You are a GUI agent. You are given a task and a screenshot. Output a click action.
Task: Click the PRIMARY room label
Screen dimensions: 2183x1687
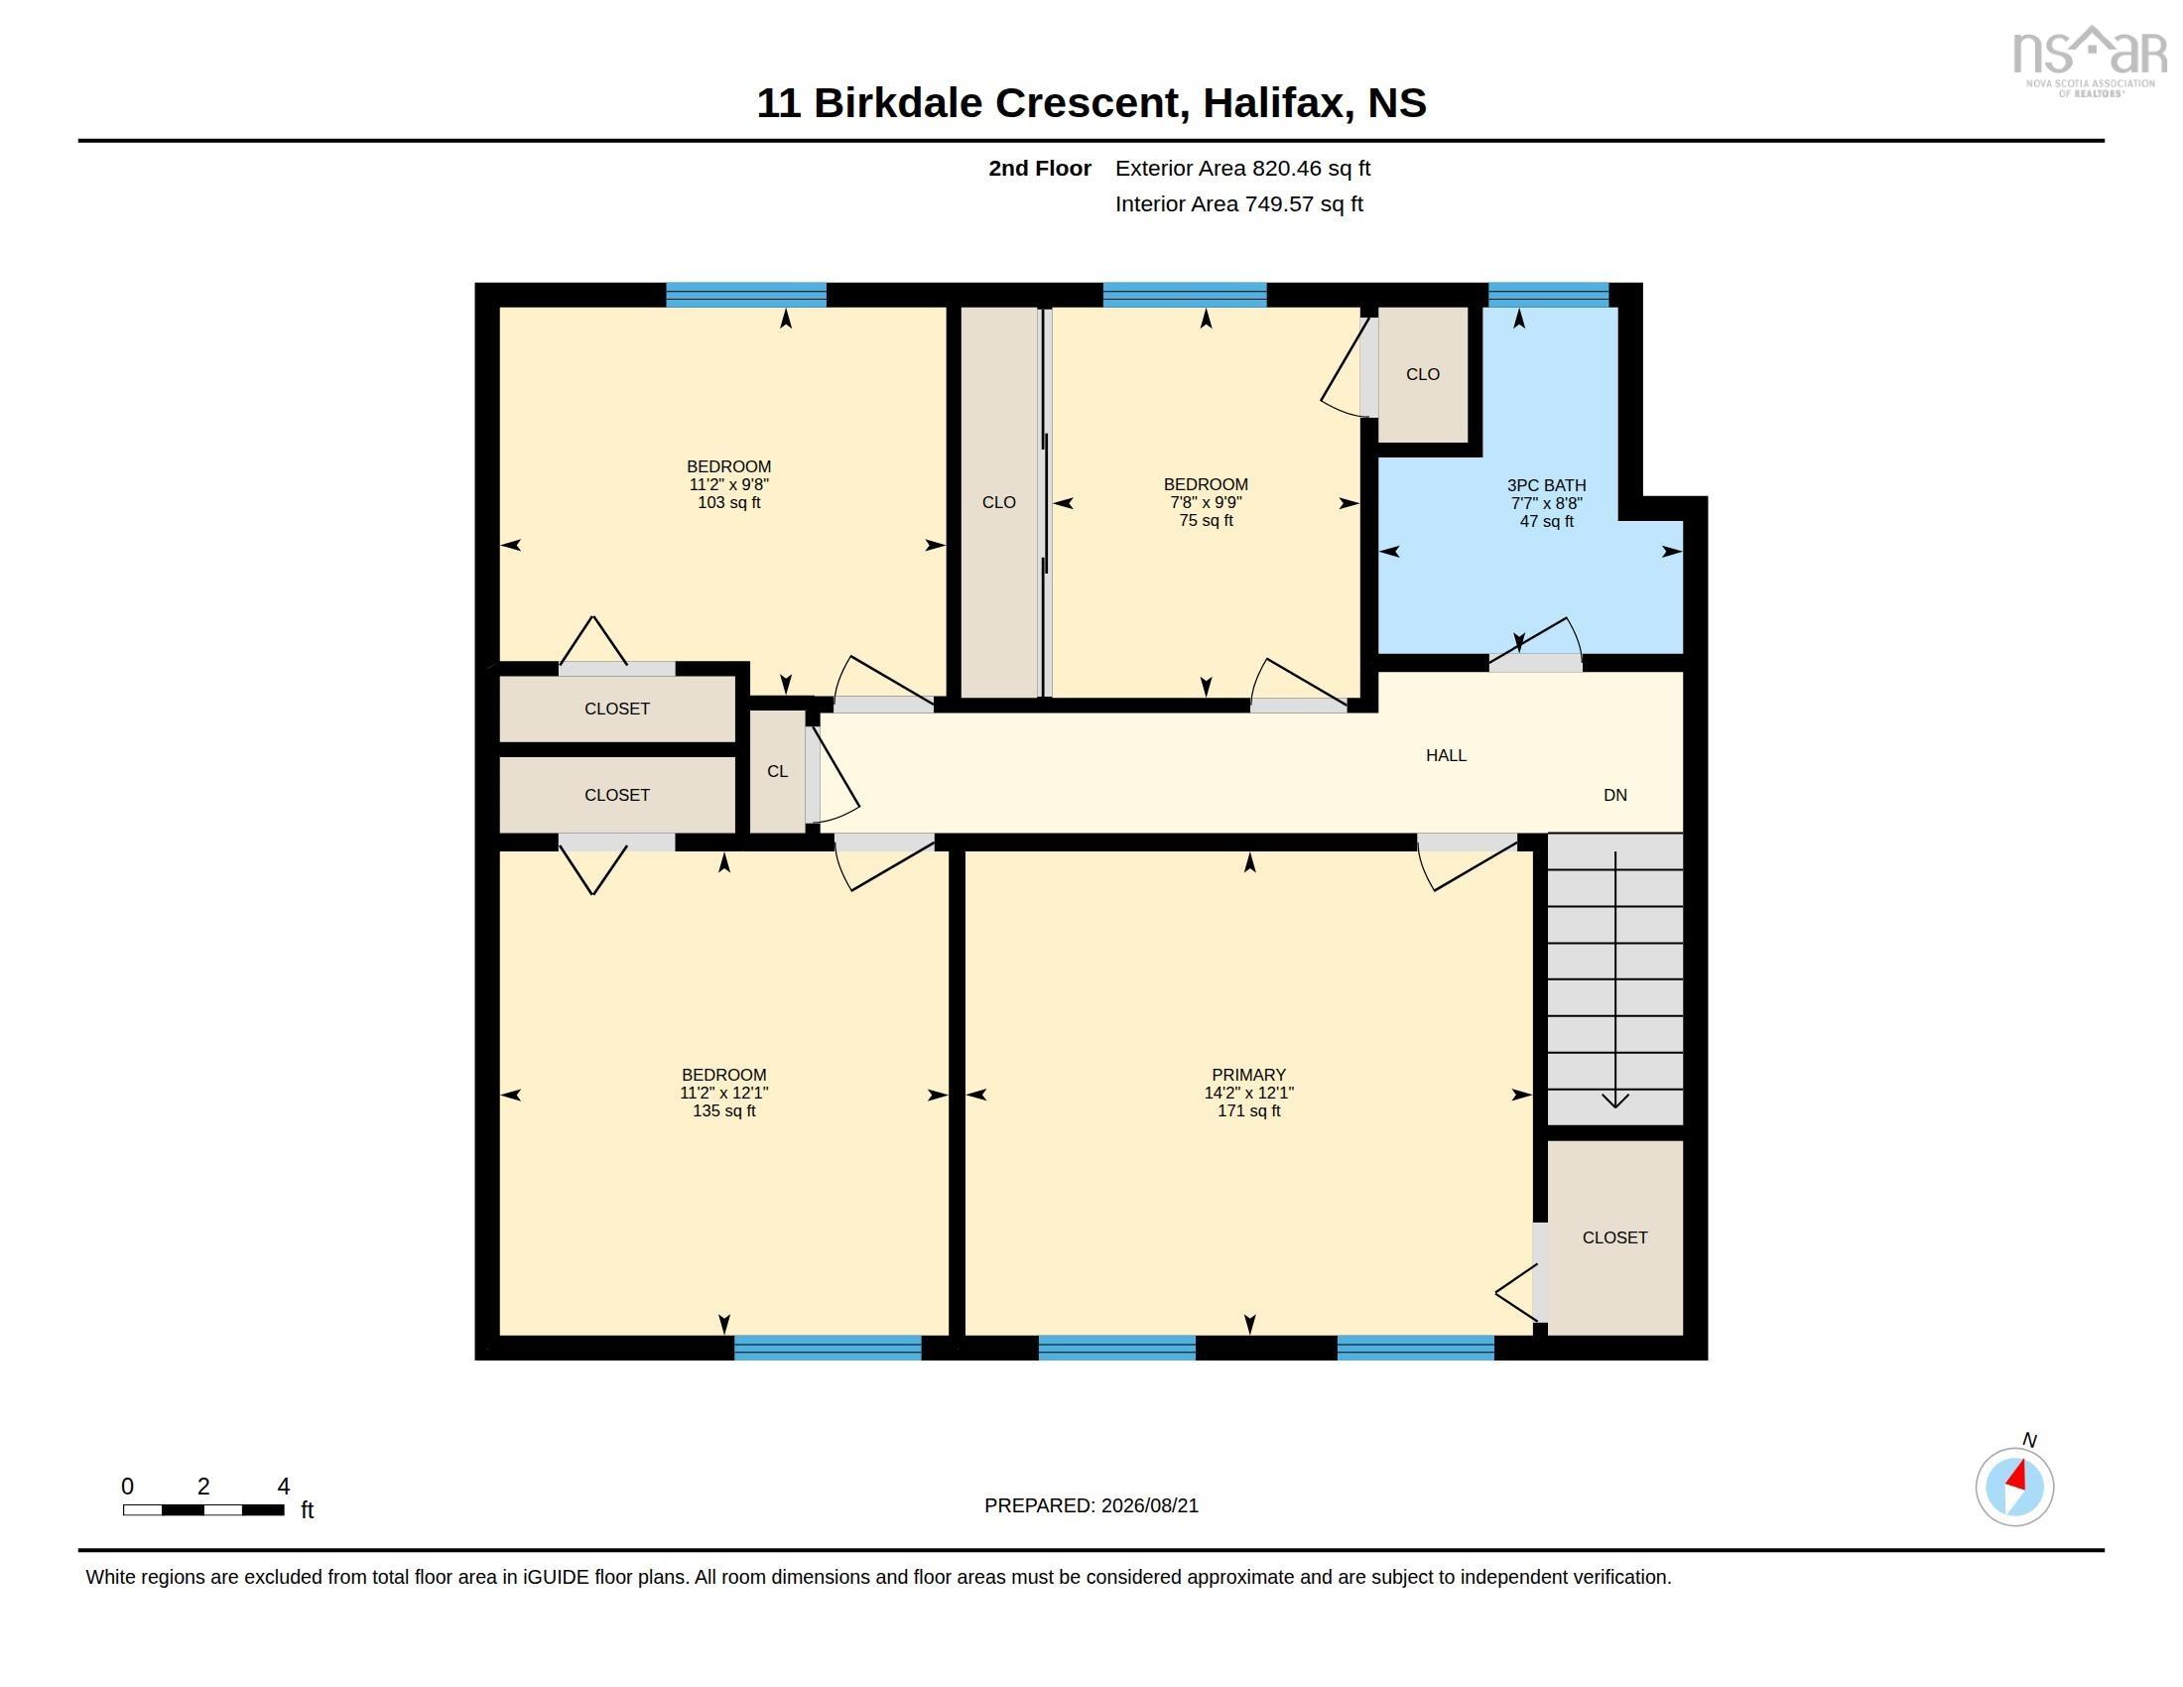tap(1248, 1075)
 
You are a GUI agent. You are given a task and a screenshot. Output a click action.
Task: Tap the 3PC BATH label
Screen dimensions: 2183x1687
tap(1546, 485)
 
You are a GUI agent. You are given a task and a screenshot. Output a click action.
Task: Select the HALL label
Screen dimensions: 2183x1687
tap(1446, 755)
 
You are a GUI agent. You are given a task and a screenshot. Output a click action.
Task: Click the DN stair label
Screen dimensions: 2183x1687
tap(1615, 796)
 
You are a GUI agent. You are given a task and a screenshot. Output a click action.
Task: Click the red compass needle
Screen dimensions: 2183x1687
tap(2016, 1478)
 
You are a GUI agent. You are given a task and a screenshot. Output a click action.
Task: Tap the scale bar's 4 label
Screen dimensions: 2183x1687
tap(284, 1487)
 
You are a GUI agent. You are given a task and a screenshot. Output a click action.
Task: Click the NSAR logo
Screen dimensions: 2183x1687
tap(2089, 60)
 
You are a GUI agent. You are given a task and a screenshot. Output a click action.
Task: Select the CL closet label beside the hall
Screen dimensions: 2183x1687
tap(778, 771)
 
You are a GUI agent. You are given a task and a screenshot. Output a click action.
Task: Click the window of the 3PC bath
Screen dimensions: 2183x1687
tap(1548, 295)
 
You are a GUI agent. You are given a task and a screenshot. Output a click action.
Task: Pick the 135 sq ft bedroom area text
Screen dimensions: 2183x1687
tap(723, 1111)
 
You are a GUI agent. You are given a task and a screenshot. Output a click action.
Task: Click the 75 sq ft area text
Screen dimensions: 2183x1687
tap(1206, 521)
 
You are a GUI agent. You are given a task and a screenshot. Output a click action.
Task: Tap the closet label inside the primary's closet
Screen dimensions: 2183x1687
tap(1614, 1237)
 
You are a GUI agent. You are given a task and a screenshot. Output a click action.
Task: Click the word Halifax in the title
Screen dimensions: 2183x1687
tap(1271, 103)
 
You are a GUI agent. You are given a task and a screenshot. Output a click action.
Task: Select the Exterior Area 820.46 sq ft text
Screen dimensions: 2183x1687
tap(1242, 169)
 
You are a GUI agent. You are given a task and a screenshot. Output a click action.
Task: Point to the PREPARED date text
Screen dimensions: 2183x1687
tap(1091, 1505)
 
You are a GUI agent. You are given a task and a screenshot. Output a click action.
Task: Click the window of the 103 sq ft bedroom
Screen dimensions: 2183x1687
tap(745, 295)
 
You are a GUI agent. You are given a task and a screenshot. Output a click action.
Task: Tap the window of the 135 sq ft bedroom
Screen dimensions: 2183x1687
tap(828, 1348)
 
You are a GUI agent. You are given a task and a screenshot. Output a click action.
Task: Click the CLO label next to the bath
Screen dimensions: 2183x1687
tap(1422, 375)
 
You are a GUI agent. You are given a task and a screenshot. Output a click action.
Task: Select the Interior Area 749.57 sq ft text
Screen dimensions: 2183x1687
tap(1238, 204)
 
